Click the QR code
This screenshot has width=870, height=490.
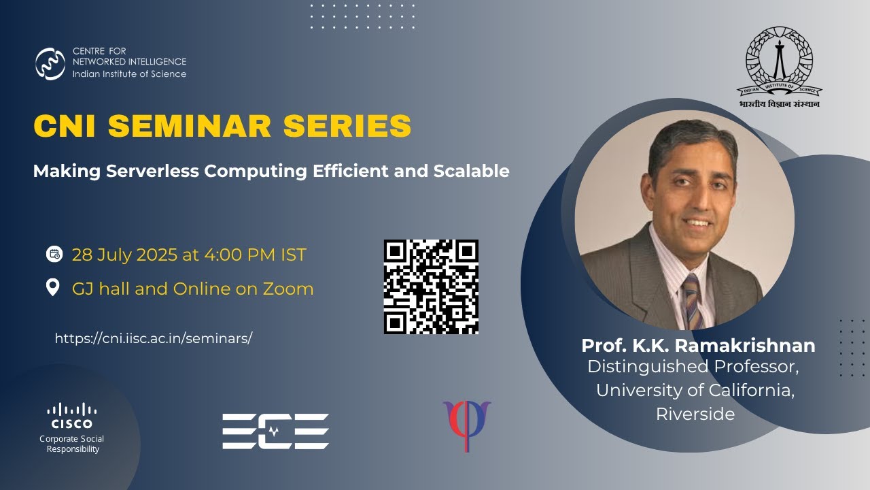pos(431,287)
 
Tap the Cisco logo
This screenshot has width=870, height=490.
pos(72,415)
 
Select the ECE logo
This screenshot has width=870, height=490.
pos(275,431)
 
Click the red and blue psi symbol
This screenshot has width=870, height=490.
pos(467,424)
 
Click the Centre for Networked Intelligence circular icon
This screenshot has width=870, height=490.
pos(50,64)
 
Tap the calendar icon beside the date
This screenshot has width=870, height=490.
pos(54,255)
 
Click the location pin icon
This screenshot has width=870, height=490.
pos(53,287)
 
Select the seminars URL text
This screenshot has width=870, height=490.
pos(153,338)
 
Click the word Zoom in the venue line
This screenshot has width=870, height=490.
pos(289,289)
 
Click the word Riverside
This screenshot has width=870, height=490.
pos(695,414)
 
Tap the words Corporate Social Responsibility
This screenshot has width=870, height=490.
pos(72,444)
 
